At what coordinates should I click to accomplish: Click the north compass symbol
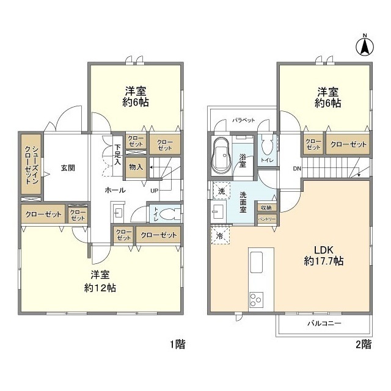coord(365,44)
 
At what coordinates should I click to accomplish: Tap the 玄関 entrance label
coord(67,167)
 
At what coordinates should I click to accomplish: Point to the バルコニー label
coord(324,323)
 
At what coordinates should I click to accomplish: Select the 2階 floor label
coord(363,345)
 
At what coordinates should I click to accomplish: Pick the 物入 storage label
coord(136,167)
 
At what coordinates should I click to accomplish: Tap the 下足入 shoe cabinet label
coord(117,156)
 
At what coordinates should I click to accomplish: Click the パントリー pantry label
coord(266,219)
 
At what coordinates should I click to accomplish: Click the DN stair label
coord(297,168)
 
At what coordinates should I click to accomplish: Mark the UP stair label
coord(154,190)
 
